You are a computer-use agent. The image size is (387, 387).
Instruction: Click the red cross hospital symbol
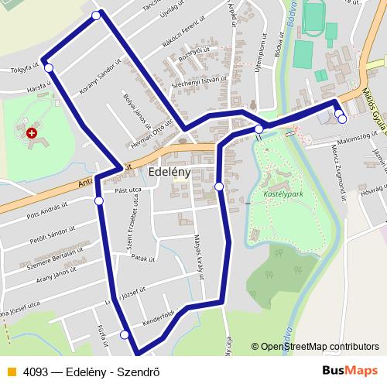point(32,133)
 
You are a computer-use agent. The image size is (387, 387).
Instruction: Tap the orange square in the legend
point(10,372)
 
